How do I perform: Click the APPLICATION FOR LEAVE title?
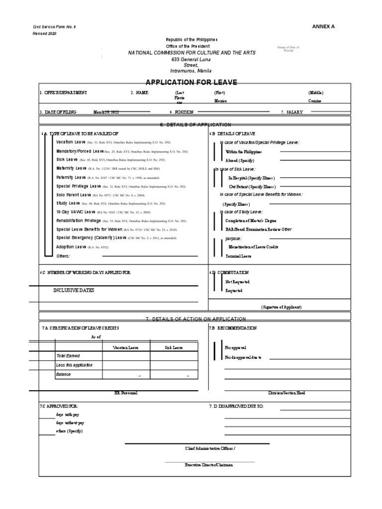191,83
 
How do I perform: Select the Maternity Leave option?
71,169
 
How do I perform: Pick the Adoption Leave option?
72,247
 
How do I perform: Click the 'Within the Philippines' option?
243,152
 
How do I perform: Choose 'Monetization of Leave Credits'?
253,247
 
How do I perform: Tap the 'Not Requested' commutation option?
237,282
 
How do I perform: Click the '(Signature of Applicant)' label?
281,307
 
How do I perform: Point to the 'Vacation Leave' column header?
125,348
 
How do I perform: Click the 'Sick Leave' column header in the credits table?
174,348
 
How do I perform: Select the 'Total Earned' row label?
68,356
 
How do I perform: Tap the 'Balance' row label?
63,374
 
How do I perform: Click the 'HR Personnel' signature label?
126,393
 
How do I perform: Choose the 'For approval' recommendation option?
235,348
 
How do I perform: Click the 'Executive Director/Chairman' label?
209,465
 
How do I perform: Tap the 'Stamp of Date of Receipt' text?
289,49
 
